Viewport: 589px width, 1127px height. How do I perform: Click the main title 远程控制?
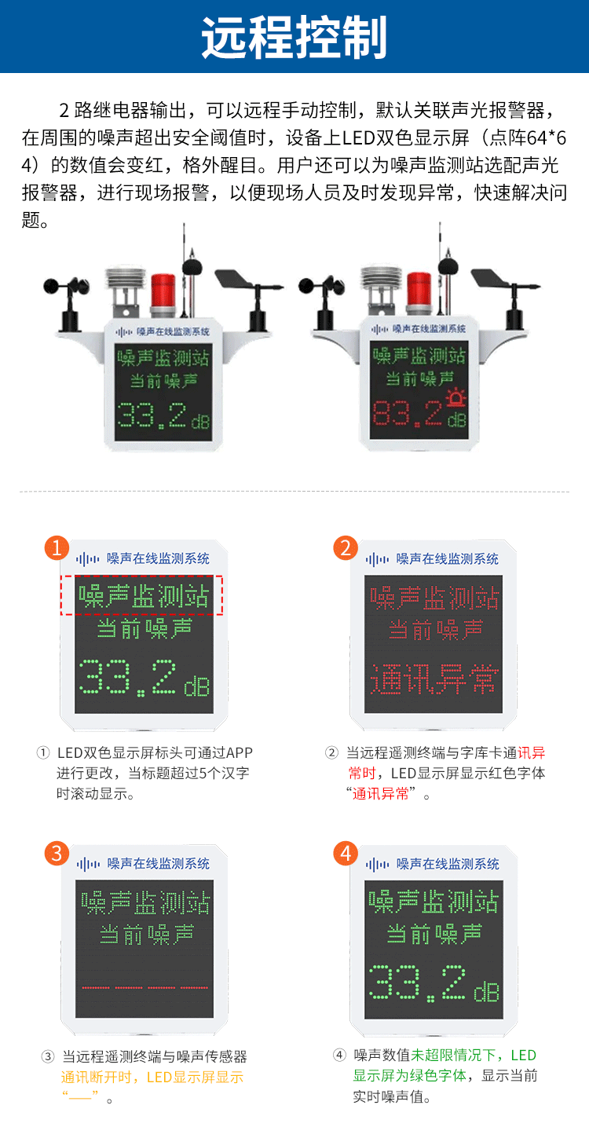[294, 37]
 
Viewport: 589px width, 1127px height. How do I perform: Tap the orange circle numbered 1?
[57, 547]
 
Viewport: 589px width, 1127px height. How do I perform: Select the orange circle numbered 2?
[346, 547]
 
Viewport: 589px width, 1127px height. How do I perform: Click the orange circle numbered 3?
[57, 853]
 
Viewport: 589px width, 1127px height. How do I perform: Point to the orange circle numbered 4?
[346, 853]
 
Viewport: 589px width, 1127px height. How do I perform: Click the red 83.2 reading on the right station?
[408, 414]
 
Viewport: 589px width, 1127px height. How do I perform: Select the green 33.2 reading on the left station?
[152, 415]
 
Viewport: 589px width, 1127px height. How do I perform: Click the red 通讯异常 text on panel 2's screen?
[434, 679]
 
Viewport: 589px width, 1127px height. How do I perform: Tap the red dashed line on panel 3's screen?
[145, 988]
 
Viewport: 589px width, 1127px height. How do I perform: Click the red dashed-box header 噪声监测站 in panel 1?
[141, 595]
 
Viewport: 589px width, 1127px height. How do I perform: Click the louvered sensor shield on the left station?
[125, 285]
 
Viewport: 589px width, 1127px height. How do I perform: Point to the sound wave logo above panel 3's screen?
[87, 865]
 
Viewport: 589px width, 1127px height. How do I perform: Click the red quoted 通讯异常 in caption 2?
[380, 794]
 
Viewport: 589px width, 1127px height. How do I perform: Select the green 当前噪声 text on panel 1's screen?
[145, 629]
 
